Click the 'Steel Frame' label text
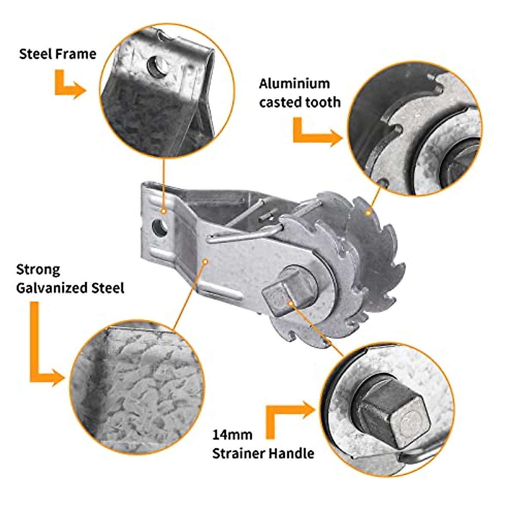(58, 54)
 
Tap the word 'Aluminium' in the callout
(294, 83)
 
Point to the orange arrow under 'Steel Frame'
(69, 84)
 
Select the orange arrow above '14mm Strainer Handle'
(288, 417)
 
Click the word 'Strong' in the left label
(38, 270)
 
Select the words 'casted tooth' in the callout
(300, 102)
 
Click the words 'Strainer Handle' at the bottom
(263, 453)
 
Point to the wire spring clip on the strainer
(241, 234)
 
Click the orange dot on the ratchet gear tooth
(368, 212)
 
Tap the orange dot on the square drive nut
(291, 303)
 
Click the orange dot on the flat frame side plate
(206, 260)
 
